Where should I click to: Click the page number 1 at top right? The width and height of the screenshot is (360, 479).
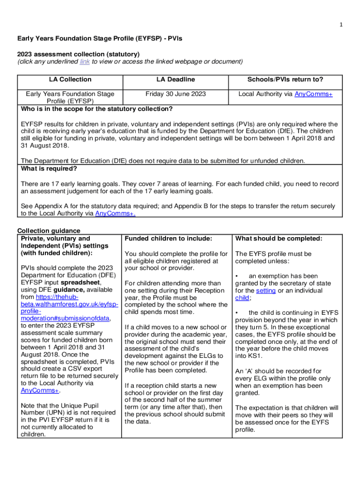(x=341, y=25)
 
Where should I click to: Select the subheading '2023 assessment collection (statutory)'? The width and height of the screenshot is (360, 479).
(x=79, y=54)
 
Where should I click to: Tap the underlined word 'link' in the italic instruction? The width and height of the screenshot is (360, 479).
(x=85, y=61)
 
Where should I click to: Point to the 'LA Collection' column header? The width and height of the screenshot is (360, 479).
(x=70, y=80)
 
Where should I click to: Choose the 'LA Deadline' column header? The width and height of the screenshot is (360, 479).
(x=175, y=80)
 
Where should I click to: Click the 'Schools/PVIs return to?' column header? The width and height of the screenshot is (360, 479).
(x=285, y=80)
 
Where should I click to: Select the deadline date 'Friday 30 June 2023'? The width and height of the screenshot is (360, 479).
(x=175, y=94)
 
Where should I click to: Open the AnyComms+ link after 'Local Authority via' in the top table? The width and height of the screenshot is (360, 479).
(x=313, y=94)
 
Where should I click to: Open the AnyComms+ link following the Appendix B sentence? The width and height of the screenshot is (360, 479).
(x=115, y=213)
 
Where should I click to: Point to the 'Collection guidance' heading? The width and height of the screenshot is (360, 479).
(x=49, y=231)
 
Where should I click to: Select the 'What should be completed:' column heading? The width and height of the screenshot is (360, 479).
(x=279, y=239)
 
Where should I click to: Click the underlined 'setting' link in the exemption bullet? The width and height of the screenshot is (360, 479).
(x=266, y=290)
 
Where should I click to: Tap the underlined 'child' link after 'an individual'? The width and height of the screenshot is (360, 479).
(x=242, y=298)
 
